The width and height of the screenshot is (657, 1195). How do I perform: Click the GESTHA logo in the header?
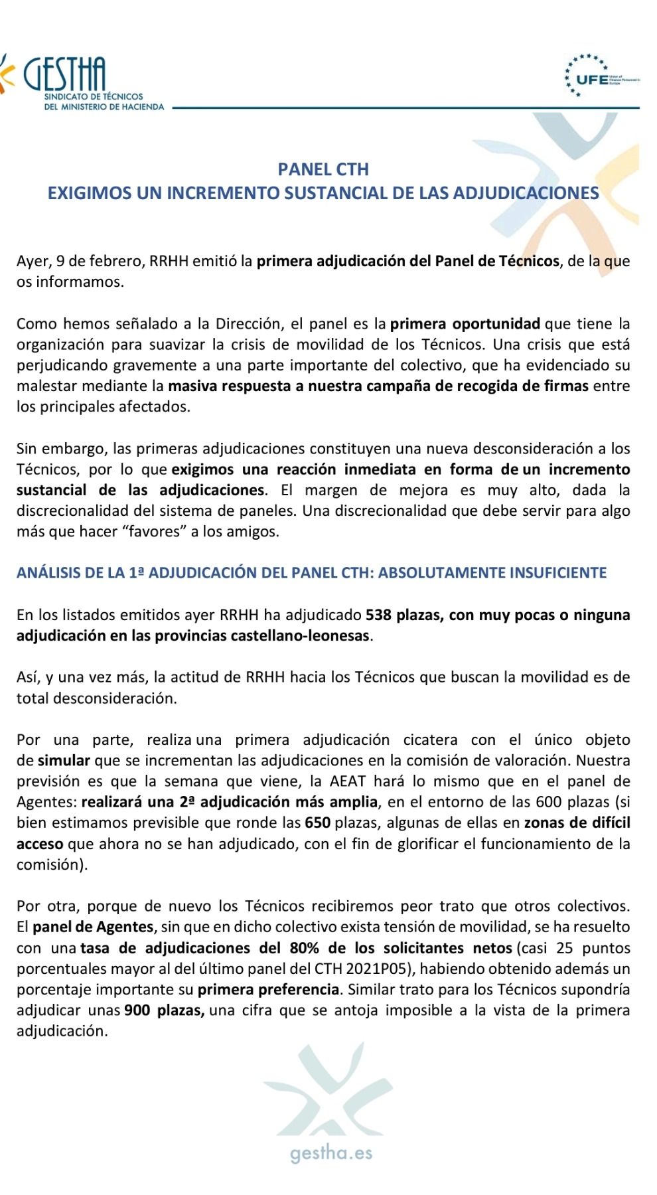click(x=64, y=74)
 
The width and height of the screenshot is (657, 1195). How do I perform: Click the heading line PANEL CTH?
click(x=323, y=169)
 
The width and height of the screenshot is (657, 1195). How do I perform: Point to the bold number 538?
click(x=378, y=615)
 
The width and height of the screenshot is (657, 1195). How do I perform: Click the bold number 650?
click(x=318, y=823)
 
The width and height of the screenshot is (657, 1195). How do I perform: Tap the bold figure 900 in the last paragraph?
click(x=137, y=1010)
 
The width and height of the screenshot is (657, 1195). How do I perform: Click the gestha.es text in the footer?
click(x=331, y=1153)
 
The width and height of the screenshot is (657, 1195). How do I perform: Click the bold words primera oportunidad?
click(x=465, y=324)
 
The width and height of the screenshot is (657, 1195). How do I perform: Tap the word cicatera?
click(x=430, y=740)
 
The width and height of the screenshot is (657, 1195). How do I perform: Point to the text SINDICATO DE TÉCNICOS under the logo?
click(x=94, y=97)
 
